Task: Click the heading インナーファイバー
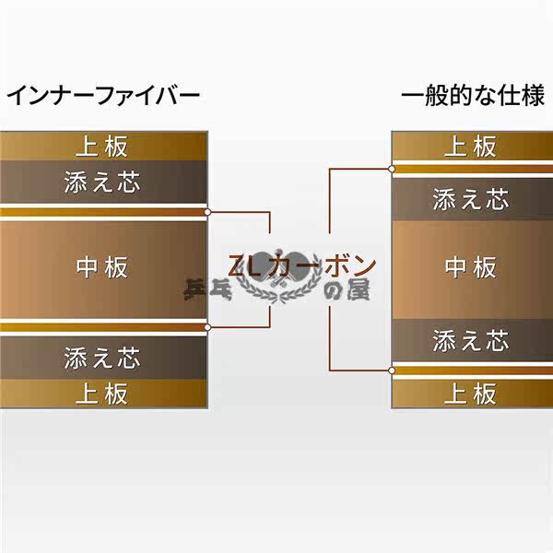(103, 96)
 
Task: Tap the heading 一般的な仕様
(473, 96)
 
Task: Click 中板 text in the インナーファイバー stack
(102, 267)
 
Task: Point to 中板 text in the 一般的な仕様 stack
(471, 267)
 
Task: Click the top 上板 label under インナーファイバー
(102, 146)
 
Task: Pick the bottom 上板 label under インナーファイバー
(102, 394)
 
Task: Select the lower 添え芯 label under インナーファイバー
(102, 357)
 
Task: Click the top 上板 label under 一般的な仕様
(471, 146)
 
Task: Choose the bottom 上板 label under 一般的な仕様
(471, 394)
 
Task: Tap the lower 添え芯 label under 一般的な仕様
(471, 341)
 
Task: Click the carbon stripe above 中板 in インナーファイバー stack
(102, 212)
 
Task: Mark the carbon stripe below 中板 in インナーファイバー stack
(102, 326)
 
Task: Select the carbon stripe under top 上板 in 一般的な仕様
(471, 169)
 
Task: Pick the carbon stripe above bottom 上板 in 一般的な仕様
(471, 371)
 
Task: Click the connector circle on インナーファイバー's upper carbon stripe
(208, 212)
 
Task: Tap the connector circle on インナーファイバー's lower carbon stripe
(208, 326)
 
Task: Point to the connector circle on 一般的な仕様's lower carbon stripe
(393, 371)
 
